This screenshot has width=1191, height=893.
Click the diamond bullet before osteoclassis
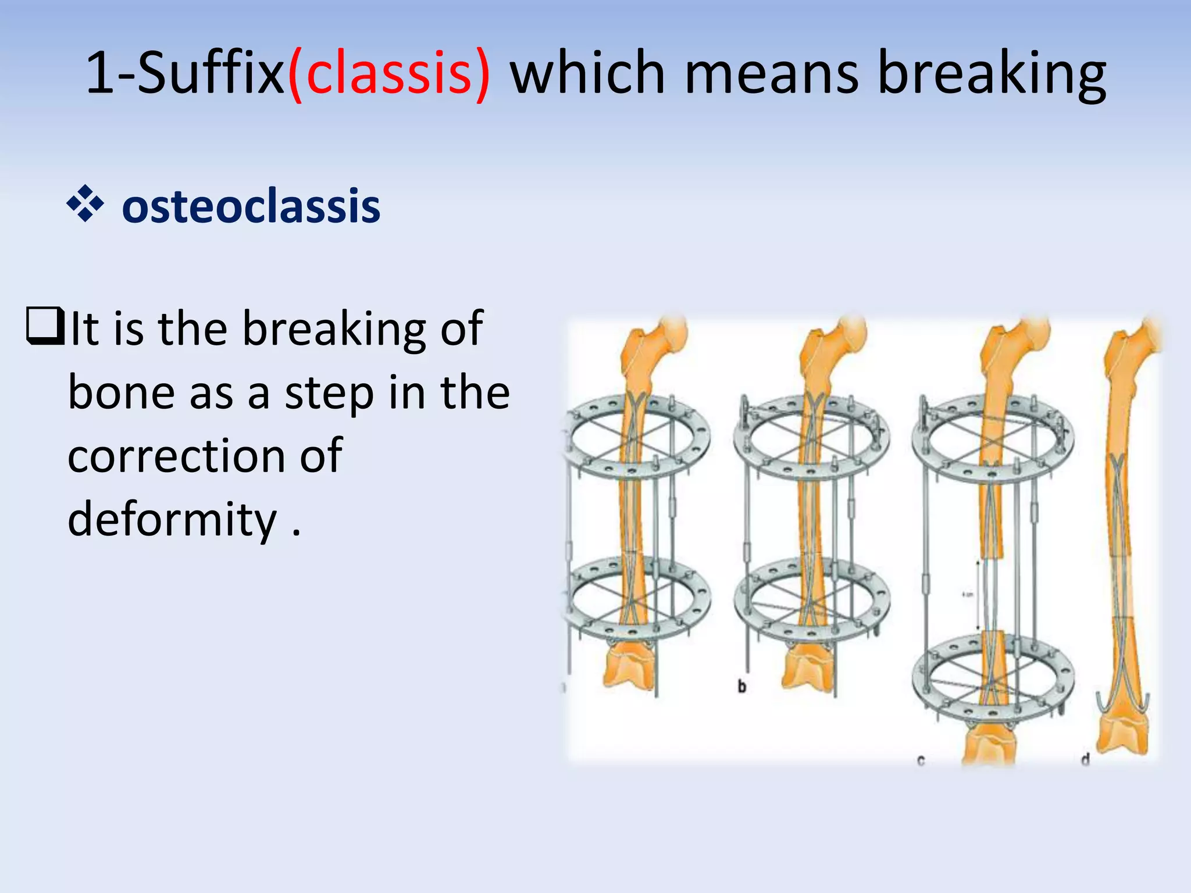coord(85,204)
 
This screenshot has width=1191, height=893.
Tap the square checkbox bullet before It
coord(45,327)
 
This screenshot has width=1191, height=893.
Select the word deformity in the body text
coord(172,519)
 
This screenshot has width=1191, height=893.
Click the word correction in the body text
coord(174,455)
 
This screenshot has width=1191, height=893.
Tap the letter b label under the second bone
coord(741,687)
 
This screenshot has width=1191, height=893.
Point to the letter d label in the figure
coord(1085,759)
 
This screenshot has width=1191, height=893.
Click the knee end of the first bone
coord(630,669)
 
